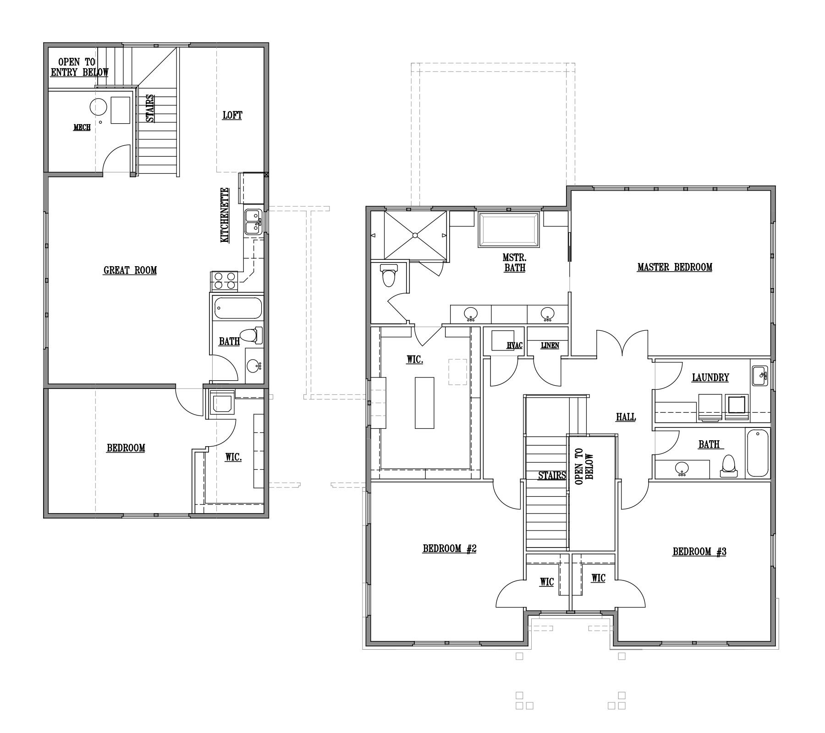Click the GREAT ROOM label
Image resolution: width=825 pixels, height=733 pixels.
tap(130, 270)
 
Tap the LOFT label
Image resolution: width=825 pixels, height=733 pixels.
tap(232, 115)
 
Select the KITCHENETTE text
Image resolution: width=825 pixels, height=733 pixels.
tap(225, 215)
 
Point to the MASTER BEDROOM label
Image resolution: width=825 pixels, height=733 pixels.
tap(675, 267)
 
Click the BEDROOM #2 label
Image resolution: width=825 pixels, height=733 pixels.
tap(450, 548)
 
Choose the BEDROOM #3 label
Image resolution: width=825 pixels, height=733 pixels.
tap(699, 552)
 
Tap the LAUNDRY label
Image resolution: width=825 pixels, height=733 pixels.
tap(710, 377)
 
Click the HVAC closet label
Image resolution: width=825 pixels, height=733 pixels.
tap(515, 345)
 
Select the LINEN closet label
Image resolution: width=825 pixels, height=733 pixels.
tap(550, 345)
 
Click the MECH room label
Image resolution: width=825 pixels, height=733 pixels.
tap(82, 127)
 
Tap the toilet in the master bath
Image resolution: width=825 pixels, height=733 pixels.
tap(389, 275)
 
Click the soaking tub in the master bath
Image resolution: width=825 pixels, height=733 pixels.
tap(509, 230)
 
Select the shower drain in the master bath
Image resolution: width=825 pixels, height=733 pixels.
tap(415, 235)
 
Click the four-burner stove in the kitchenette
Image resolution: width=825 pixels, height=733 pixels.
tap(224, 281)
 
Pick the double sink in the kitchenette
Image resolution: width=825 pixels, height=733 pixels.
tap(253, 222)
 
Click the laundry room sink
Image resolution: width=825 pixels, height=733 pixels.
tap(760, 376)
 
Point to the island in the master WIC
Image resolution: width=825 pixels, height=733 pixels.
tap(424, 402)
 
